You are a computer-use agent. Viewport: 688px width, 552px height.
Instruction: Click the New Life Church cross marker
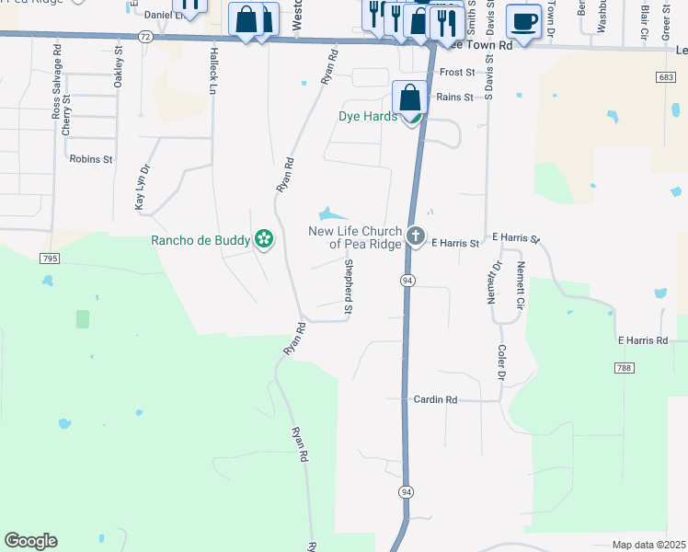pyautogui.click(x=416, y=237)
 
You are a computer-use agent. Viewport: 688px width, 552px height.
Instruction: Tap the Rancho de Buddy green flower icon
pyautogui.click(x=264, y=240)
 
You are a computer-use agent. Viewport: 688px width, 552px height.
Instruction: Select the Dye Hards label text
pyautogui.click(x=368, y=117)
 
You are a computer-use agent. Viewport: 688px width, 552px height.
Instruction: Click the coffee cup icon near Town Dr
pyautogui.click(x=523, y=20)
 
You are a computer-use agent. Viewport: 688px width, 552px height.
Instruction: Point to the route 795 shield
pyautogui.click(x=49, y=259)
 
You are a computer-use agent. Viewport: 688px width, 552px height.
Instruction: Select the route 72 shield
pyautogui.click(x=144, y=36)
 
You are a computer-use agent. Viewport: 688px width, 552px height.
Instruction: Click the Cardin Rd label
pyautogui.click(x=435, y=400)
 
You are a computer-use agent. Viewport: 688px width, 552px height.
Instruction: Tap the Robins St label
pyautogui.click(x=90, y=159)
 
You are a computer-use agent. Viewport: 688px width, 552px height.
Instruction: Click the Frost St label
pyautogui.click(x=455, y=72)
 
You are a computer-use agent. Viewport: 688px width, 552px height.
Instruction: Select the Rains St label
pyautogui.click(x=454, y=97)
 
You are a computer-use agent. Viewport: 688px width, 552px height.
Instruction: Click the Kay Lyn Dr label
pyautogui.click(x=141, y=189)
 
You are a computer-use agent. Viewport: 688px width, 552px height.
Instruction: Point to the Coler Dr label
pyautogui.click(x=502, y=362)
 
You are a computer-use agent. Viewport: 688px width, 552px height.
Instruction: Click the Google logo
pyautogui.click(x=31, y=541)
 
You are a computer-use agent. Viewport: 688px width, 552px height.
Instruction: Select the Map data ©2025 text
pyautogui.click(x=648, y=545)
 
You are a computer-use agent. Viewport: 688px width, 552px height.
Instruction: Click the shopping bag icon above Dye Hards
pyautogui.click(x=409, y=97)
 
